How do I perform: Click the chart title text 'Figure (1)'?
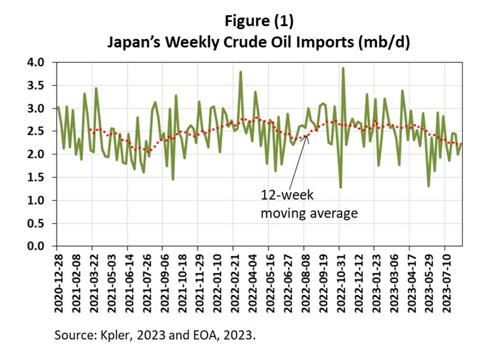pyautogui.click(x=259, y=22)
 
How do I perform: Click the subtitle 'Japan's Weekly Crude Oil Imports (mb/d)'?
pyautogui.click(x=259, y=43)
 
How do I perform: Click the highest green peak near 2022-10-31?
pyautogui.click(x=343, y=68)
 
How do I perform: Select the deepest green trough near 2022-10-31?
pyautogui.click(x=340, y=187)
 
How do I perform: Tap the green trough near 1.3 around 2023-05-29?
pyautogui.click(x=429, y=186)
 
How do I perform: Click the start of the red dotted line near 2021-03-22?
pyautogui.click(x=90, y=129)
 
